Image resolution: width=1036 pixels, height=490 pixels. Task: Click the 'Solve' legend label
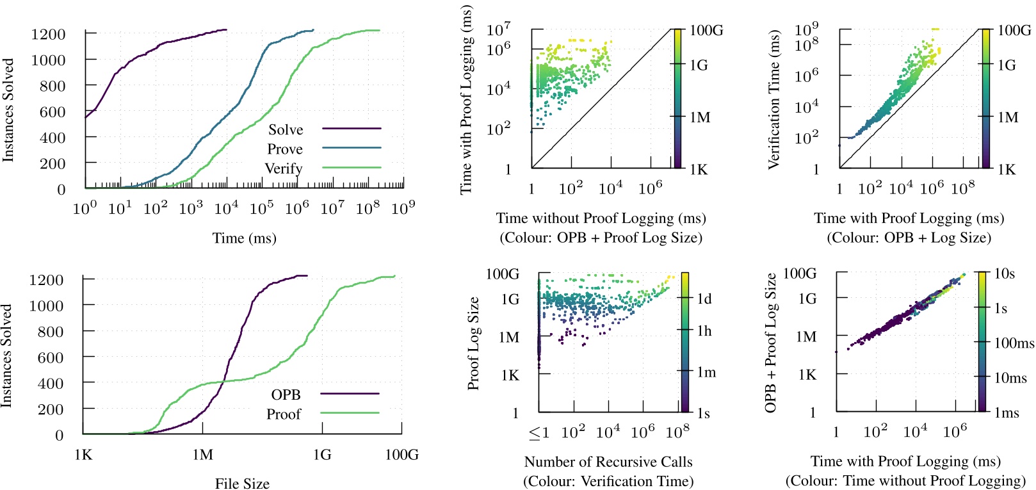coord(286,129)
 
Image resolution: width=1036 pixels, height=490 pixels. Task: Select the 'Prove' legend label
coord(285,149)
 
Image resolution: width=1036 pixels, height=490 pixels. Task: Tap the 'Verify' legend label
coord(284,168)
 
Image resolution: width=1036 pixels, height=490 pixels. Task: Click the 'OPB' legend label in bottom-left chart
coord(286,395)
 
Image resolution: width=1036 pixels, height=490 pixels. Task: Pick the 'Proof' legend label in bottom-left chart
coord(284,414)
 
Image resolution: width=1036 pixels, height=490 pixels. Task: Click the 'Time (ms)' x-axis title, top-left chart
coord(244,238)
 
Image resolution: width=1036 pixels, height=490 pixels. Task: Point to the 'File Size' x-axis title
coord(242,484)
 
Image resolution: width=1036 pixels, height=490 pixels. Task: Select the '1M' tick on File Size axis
coord(203,455)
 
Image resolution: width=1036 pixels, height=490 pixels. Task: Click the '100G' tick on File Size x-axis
coord(401,455)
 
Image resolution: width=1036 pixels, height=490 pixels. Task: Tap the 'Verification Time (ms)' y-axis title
coord(774,99)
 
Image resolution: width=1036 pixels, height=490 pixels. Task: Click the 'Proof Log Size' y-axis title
coord(473,343)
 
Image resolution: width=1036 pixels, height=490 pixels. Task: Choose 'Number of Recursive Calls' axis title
coord(608,462)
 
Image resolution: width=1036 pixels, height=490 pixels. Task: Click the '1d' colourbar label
coord(704,299)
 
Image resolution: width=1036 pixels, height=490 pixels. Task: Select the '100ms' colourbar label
coord(1014,343)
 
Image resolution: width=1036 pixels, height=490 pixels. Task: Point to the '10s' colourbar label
coord(1005,274)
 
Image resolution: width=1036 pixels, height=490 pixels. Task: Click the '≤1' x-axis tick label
coord(539,432)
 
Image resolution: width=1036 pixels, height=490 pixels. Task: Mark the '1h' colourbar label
coord(704,331)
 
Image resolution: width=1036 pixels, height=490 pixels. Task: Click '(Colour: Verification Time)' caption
coord(608,481)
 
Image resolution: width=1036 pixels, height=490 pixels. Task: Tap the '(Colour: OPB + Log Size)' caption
coord(909,238)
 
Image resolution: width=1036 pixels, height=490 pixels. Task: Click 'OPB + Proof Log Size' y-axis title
coord(770,343)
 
